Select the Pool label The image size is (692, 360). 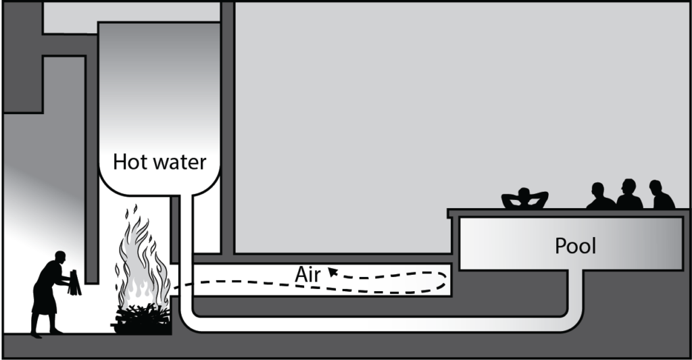pos(576,246)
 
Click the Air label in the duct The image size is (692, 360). pos(307,274)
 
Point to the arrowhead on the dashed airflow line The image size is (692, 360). pos(332,272)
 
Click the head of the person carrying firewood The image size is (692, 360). pos(60,257)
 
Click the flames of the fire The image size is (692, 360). pos(142,263)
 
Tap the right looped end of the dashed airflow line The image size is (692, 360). pos(443,278)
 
